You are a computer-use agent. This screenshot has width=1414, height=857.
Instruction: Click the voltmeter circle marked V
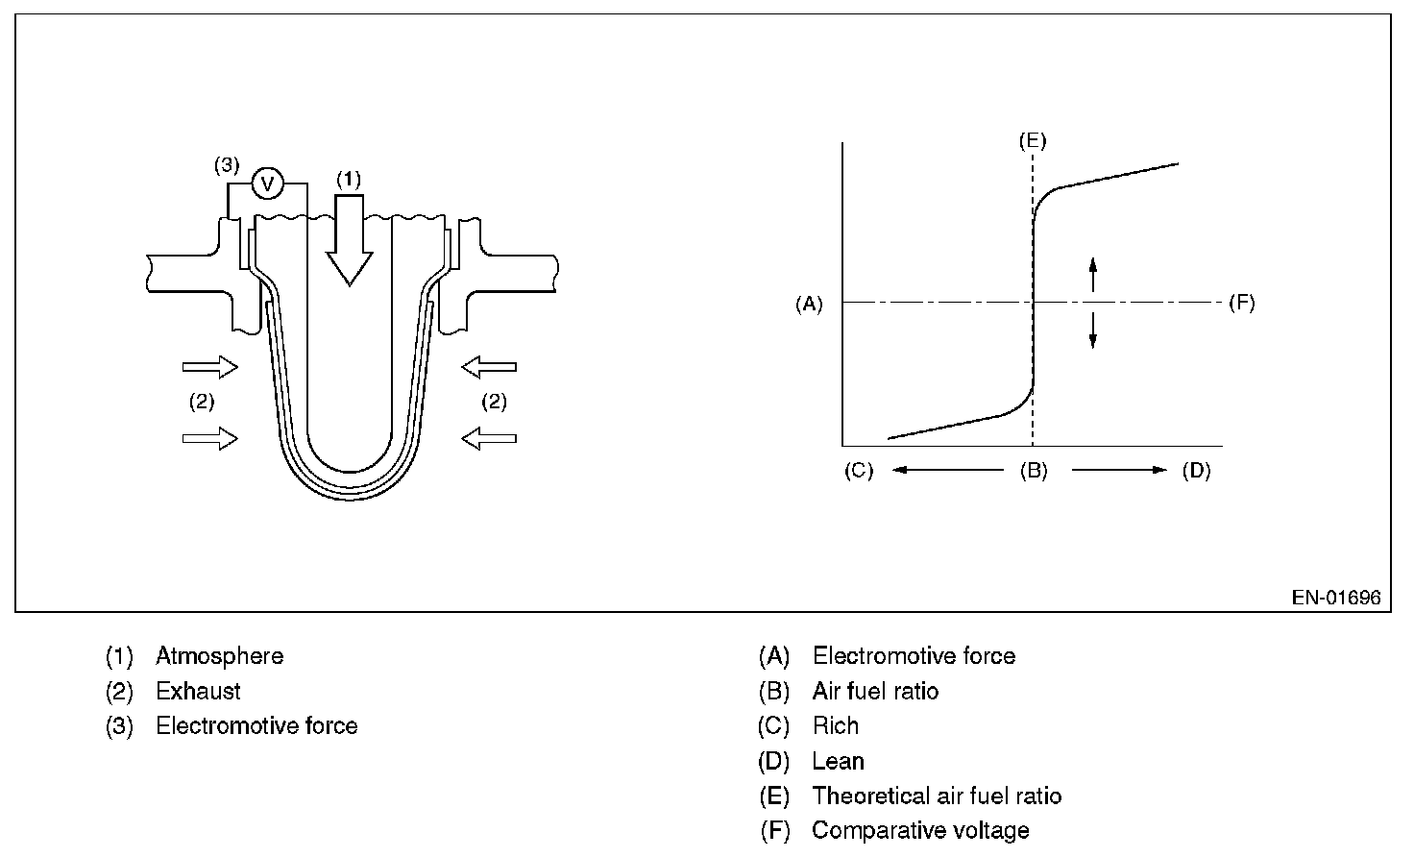(268, 183)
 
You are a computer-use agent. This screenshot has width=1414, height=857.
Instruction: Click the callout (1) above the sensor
(348, 179)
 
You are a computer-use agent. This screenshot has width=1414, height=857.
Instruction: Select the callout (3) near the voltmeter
(226, 165)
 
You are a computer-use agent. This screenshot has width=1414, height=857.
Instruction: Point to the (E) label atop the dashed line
(1033, 141)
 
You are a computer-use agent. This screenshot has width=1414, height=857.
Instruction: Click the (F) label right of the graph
(1242, 304)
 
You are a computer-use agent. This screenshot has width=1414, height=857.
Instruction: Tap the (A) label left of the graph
(809, 304)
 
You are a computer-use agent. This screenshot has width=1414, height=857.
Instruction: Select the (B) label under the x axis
(1034, 471)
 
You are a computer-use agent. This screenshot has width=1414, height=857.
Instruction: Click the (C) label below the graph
(859, 471)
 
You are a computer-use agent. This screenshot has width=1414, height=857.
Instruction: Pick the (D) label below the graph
(1196, 471)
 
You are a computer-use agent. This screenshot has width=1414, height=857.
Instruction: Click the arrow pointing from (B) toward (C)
(947, 470)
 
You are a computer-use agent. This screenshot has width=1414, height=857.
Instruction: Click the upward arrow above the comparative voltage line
(1092, 274)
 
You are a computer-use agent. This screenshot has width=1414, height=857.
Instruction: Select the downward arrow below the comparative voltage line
(1092, 331)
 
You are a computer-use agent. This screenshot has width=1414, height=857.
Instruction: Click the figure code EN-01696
(1335, 598)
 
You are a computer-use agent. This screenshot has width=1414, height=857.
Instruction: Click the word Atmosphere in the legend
(219, 656)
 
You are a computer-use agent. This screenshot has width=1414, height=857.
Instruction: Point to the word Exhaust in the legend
(198, 691)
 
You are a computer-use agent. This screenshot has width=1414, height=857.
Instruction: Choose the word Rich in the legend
(835, 725)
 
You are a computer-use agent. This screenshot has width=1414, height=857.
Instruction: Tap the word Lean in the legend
(838, 761)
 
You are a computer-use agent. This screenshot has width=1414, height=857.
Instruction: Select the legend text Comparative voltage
(919, 830)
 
